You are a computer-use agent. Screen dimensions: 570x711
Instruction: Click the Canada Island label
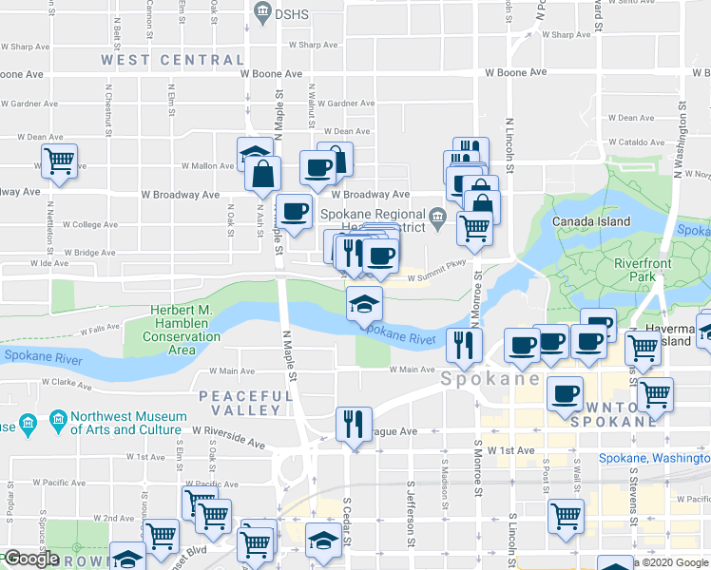[591, 221]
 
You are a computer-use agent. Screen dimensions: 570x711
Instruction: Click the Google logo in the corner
[30, 559]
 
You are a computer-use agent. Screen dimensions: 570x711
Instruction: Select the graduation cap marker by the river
[364, 304]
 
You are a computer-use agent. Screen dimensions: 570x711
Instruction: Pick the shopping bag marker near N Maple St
[262, 174]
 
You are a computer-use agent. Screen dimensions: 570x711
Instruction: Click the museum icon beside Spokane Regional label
[437, 217]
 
